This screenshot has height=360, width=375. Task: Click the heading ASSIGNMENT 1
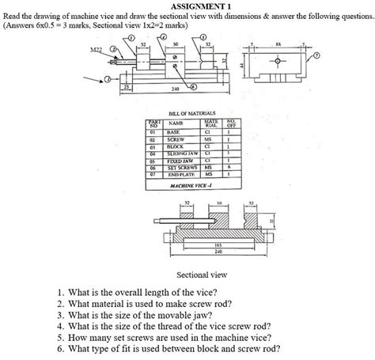coord(187,6)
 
